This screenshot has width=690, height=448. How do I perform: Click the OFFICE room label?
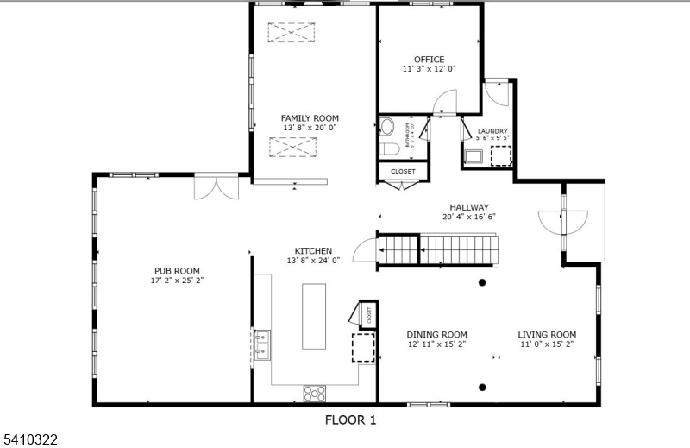(x=429, y=60)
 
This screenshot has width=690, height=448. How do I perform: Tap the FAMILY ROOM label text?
(x=310, y=118)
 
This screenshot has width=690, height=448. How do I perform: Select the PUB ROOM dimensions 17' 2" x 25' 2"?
(x=177, y=280)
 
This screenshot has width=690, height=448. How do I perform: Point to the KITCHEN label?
(x=314, y=250)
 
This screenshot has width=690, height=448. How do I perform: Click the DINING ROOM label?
(x=437, y=334)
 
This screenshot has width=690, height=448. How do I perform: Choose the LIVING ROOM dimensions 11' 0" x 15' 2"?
(x=547, y=344)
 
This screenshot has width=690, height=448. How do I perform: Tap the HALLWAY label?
(x=468, y=207)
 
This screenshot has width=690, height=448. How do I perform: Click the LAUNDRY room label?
(x=492, y=131)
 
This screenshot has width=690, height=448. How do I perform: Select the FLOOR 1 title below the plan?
(x=350, y=420)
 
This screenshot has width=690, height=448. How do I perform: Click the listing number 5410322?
(x=29, y=439)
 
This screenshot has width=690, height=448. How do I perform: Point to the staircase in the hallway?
(x=441, y=250)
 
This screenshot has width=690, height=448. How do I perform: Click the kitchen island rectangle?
(x=314, y=314)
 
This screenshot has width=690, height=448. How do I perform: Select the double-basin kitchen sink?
(x=260, y=344)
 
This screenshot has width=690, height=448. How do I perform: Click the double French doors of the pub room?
(x=216, y=188)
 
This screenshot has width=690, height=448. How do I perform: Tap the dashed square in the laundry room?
(x=501, y=155)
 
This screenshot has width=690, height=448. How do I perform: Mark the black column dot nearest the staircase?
(x=482, y=282)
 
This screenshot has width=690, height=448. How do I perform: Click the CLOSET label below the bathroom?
(x=403, y=171)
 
